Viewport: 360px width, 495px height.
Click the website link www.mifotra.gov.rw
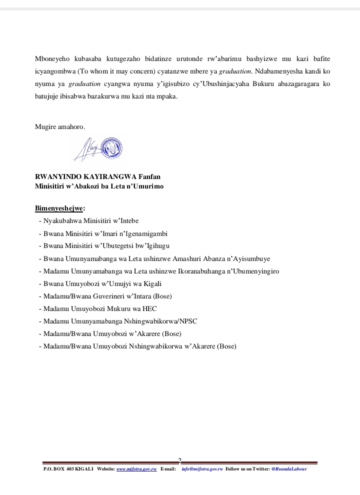[x=136, y=469]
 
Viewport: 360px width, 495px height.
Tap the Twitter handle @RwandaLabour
[x=289, y=469]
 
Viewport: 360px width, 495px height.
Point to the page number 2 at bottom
[x=179, y=460]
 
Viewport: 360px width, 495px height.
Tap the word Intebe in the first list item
[x=129, y=221]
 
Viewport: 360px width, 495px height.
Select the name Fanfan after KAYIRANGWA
[x=149, y=176]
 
